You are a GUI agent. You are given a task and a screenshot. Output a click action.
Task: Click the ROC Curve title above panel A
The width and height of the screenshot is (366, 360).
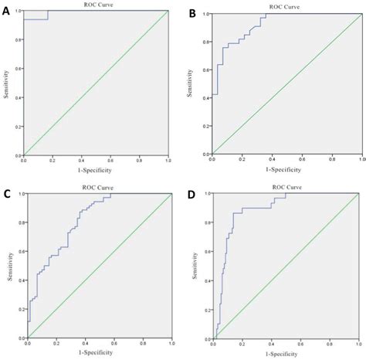point(96,5)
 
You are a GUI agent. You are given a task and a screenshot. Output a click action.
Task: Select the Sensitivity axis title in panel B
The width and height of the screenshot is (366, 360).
point(190,83)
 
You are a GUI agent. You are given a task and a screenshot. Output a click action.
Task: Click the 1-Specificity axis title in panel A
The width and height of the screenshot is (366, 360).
point(96,170)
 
